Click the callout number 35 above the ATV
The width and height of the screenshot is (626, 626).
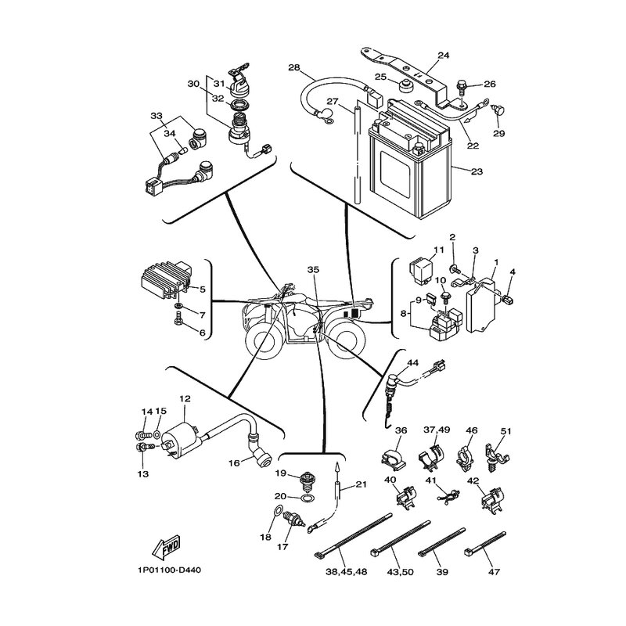(x=314, y=270)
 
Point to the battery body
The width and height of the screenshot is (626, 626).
(x=412, y=172)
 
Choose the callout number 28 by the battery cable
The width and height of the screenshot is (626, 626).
(x=294, y=67)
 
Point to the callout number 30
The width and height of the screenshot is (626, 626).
(x=193, y=84)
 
